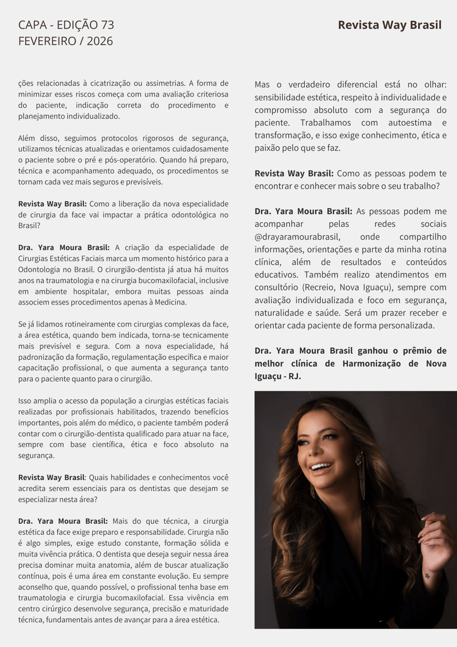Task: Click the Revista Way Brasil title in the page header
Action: [389, 25]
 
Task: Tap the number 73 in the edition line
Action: [107, 25]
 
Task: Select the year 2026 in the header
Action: [99, 41]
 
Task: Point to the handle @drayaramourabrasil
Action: [297, 237]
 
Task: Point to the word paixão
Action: [268, 148]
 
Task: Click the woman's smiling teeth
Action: [321, 466]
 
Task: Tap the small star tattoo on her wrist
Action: [427, 575]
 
